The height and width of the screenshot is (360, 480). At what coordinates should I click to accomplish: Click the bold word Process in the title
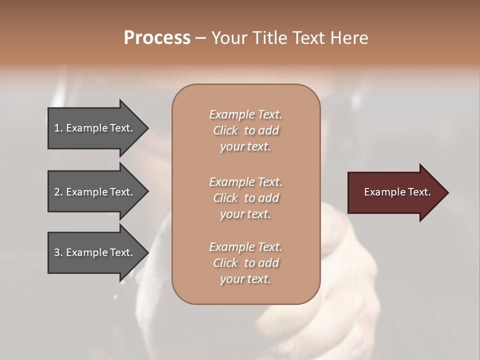tap(157, 38)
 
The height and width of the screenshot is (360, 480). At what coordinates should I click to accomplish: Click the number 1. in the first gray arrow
tap(58, 128)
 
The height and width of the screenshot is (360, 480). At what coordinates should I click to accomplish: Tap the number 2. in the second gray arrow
tap(58, 192)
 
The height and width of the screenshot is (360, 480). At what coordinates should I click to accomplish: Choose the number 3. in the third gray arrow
tap(58, 252)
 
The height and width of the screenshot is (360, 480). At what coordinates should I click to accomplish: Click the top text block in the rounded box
tap(245, 130)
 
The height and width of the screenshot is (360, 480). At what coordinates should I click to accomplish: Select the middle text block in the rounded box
tap(245, 198)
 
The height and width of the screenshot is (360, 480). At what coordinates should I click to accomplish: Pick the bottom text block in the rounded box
tap(245, 263)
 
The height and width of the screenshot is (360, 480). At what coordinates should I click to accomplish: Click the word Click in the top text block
tap(225, 130)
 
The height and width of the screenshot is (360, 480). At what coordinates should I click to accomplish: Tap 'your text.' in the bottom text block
tap(245, 279)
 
